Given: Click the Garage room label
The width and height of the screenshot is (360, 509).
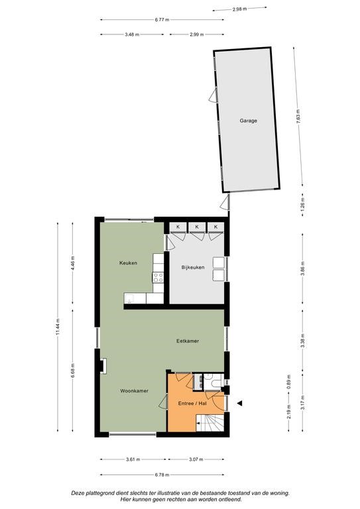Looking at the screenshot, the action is tap(249, 121).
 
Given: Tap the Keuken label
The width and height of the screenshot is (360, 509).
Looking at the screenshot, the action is tap(128, 263).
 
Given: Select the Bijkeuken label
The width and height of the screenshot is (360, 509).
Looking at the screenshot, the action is tap(193, 268).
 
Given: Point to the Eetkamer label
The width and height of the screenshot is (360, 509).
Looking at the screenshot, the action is tap(188, 341).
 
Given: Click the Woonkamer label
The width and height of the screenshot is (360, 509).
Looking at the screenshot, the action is tap(135, 391).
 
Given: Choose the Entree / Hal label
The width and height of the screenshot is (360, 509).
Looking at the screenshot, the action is tap(192, 404).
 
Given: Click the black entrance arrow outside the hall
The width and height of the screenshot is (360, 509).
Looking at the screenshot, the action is tap(239, 403).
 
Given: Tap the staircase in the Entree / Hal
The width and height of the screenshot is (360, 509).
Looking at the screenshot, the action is tap(210, 423).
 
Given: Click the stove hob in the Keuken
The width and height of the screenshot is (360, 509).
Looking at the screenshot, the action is tap(158, 277).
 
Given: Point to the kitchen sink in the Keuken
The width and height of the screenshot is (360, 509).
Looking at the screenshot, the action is tap(130, 298).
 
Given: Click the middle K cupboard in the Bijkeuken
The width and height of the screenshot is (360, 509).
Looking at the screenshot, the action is tap(197, 227).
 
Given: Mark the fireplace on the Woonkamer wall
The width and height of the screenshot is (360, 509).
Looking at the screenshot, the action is tap(103, 366).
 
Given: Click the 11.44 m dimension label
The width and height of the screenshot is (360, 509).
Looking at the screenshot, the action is tap(58, 327).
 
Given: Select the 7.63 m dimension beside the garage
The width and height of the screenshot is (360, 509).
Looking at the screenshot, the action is tap(298, 116).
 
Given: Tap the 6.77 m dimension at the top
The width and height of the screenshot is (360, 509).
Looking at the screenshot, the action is tap(162, 19).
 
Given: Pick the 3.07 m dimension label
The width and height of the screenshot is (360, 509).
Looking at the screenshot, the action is tap(196, 459).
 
